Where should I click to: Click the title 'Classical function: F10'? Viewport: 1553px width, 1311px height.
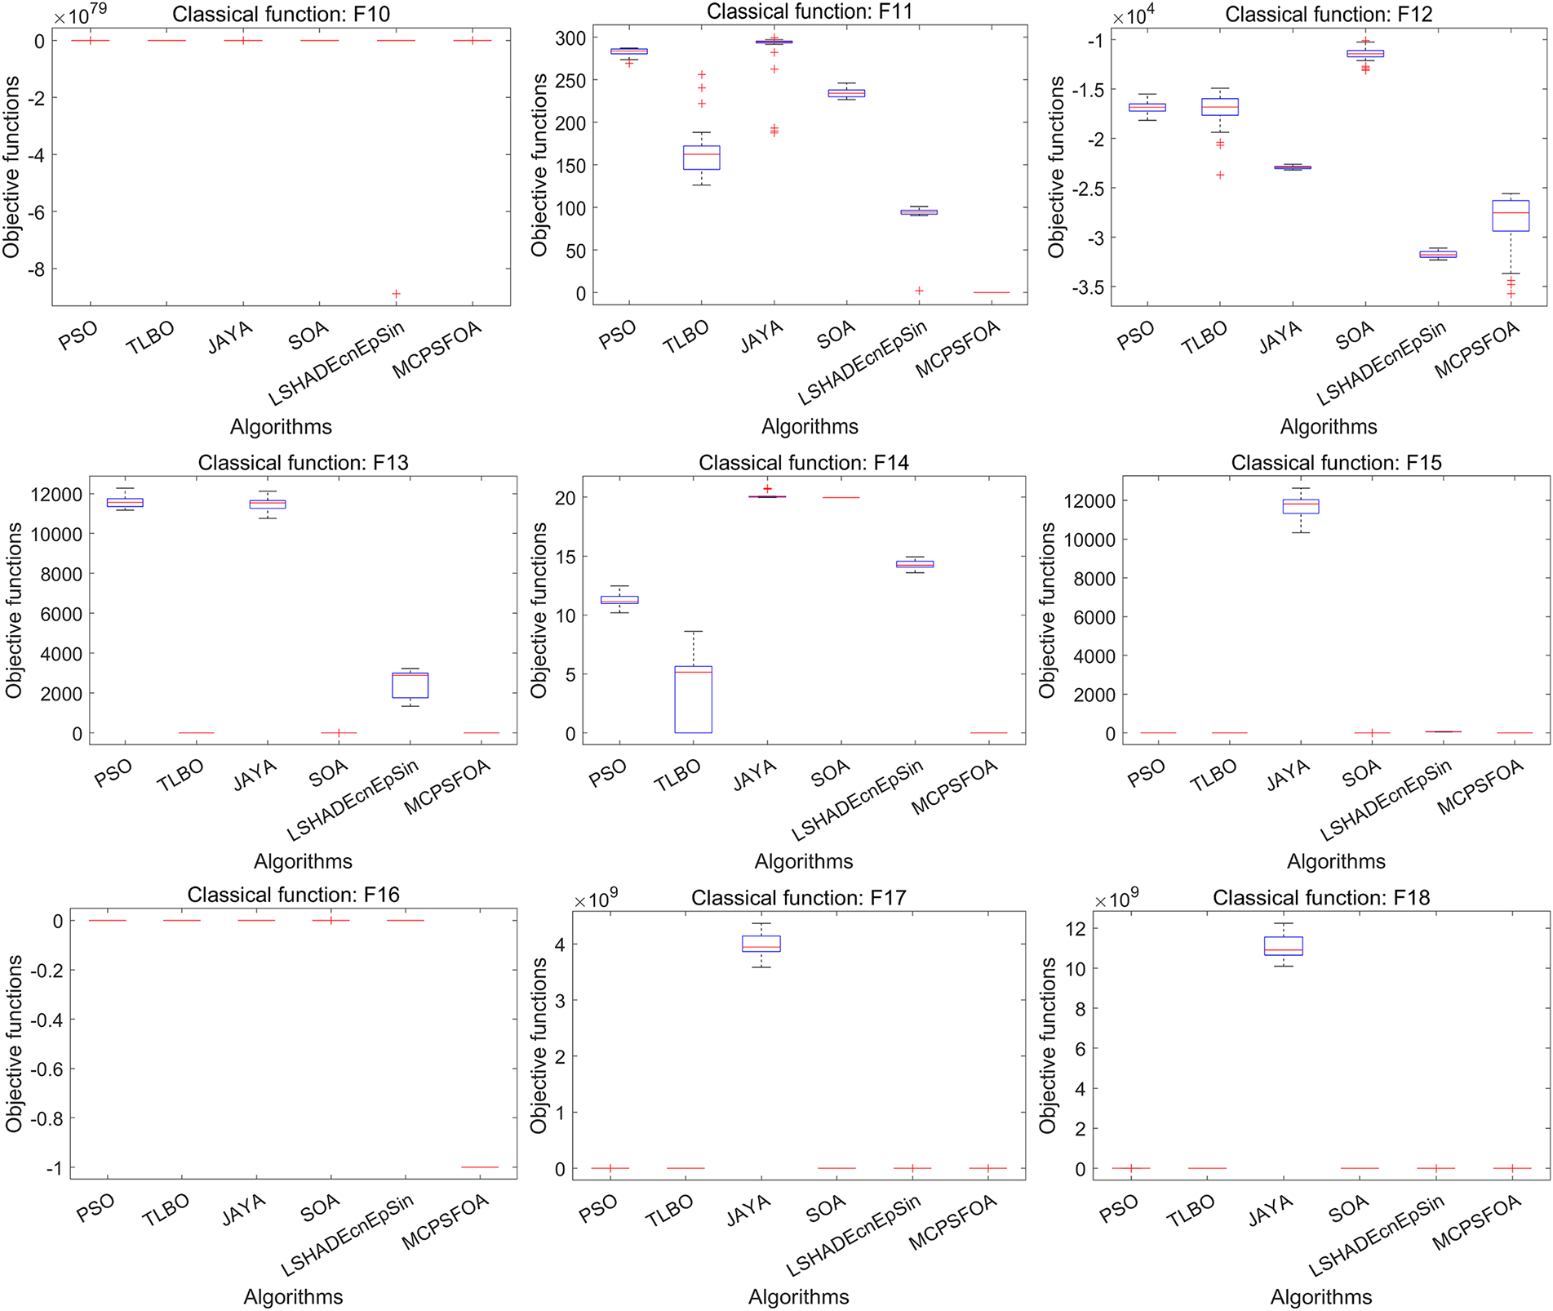click(x=281, y=15)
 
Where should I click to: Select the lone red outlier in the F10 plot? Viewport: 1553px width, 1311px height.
click(x=396, y=294)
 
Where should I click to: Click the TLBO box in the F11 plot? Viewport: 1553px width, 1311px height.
click(x=701, y=157)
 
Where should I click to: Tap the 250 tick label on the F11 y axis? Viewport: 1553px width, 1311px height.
click(x=570, y=81)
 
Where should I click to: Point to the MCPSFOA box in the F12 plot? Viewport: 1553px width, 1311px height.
click(x=1511, y=216)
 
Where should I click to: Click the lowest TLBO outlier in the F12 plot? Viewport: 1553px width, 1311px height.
click(x=1221, y=175)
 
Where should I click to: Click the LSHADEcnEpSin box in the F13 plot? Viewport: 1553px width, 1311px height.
click(x=410, y=684)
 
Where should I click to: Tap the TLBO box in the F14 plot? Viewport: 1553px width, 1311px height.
click(x=693, y=700)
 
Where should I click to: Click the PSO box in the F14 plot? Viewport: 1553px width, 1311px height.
click(x=619, y=600)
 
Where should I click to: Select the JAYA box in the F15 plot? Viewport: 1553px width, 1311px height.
click(x=1301, y=506)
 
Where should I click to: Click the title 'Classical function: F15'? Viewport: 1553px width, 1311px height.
click(x=1336, y=463)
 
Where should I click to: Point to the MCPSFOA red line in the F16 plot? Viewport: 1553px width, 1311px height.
click(x=479, y=1167)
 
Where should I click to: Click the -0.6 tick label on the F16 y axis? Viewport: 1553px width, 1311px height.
click(x=47, y=1069)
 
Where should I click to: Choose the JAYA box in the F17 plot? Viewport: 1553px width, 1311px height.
click(x=761, y=944)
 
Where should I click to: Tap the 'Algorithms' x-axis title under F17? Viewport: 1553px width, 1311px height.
click(x=798, y=1296)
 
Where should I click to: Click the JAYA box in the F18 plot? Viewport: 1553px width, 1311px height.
click(x=1284, y=946)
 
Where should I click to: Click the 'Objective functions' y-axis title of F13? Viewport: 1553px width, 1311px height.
click(x=13, y=611)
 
